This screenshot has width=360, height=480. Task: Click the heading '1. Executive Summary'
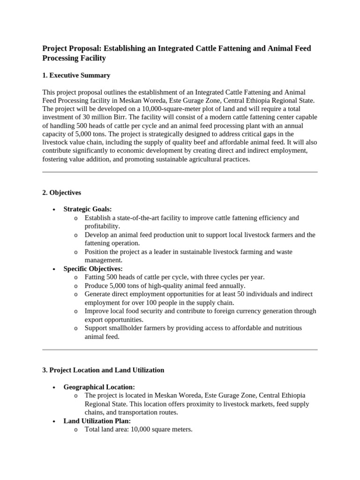[x=76, y=75]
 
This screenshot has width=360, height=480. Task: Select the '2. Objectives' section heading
[x=61, y=193]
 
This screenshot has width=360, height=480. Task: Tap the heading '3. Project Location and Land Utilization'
[x=103, y=370]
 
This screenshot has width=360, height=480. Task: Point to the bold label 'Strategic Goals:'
[x=88, y=210]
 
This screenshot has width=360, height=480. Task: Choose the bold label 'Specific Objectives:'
[x=93, y=269]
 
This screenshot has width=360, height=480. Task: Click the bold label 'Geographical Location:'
[x=99, y=387]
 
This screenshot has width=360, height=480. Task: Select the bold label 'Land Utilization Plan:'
[x=97, y=421]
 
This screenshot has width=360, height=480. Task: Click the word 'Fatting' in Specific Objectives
[x=95, y=277]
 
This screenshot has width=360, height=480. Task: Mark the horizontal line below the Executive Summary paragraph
[x=180, y=172]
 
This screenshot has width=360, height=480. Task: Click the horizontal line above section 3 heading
[x=180, y=349]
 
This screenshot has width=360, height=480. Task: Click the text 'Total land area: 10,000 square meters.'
[x=138, y=429]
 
